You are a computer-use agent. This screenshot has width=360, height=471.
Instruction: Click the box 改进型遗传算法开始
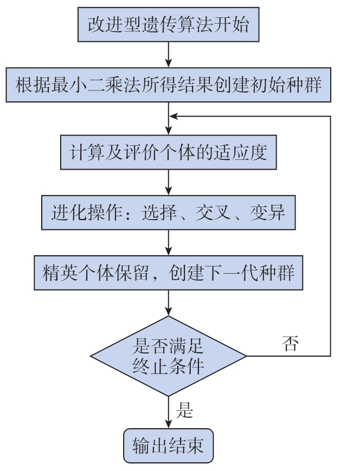click(x=168, y=24)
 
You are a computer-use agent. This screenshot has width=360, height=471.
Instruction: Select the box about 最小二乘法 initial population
click(x=168, y=85)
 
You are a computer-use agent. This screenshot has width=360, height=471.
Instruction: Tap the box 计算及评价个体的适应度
click(x=168, y=152)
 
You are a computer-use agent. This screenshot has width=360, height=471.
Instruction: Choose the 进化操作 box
click(x=168, y=212)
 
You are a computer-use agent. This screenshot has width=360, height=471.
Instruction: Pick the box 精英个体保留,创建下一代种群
click(x=168, y=273)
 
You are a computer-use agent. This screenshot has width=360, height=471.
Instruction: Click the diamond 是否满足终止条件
click(x=168, y=356)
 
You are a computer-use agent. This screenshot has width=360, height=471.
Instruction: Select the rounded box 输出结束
click(x=168, y=446)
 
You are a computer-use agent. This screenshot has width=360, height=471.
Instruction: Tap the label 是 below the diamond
click(x=184, y=410)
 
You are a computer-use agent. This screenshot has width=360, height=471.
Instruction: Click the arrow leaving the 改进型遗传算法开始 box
click(x=168, y=55)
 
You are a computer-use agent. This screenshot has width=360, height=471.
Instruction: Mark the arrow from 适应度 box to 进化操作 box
click(x=168, y=183)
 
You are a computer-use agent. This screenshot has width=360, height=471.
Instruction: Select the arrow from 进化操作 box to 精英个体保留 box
click(x=168, y=243)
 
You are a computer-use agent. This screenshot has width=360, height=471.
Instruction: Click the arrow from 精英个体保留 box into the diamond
click(x=168, y=303)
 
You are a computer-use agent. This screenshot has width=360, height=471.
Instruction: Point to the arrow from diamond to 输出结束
click(x=168, y=412)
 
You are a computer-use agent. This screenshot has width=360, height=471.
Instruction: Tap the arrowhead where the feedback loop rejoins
click(x=173, y=116)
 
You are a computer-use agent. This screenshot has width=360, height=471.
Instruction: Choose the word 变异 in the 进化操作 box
click(x=267, y=212)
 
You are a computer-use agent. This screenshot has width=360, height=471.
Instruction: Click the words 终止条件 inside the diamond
click(x=168, y=366)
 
